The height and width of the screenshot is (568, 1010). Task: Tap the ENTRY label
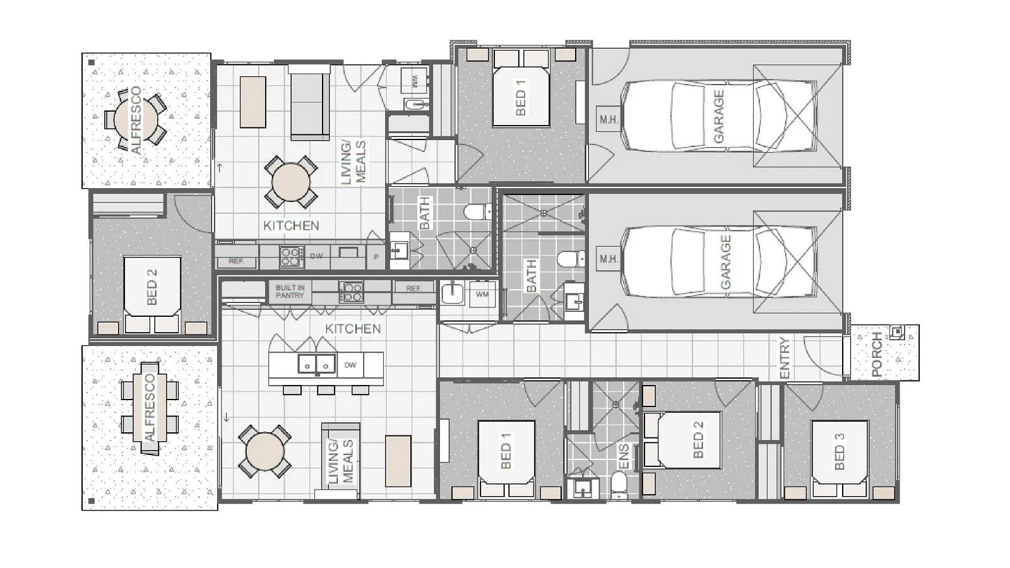click(785, 358)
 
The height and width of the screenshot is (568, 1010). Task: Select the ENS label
click(623, 457)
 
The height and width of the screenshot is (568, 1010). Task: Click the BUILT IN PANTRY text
click(290, 292)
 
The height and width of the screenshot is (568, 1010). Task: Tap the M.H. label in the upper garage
click(609, 119)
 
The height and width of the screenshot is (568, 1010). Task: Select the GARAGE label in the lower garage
click(726, 262)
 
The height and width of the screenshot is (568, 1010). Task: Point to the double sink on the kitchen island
click(316, 365)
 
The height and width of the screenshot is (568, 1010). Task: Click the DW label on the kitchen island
click(351, 365)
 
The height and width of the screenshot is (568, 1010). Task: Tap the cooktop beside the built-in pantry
click(351, 292)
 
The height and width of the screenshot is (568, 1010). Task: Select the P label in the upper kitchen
click(376, 257)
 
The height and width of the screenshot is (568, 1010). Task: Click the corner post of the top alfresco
click(92, 62)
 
